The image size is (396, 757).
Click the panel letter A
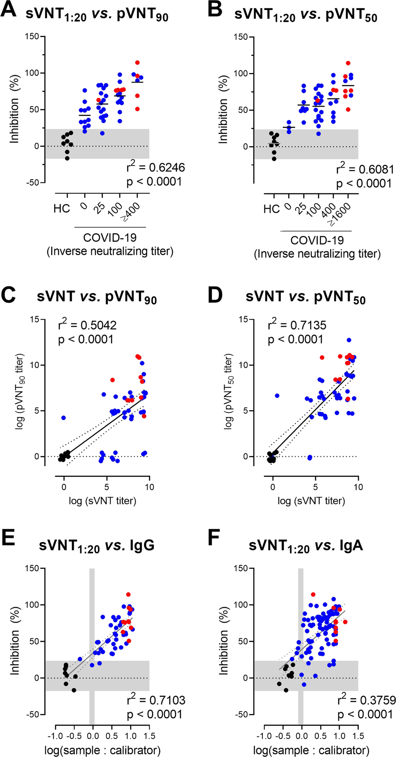(9, 9)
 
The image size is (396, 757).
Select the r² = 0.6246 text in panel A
(155, 168)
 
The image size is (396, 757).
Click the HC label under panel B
(272, 209)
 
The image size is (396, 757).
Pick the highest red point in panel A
(137, 63)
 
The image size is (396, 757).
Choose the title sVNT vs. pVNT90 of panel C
(96, 297)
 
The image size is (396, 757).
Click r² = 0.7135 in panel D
(297, 325)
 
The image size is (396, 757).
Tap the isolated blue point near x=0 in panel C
(63, 418)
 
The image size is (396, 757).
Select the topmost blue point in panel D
(349, 340)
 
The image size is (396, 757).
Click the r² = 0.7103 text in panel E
(156, 700)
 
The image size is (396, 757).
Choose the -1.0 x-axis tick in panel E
(55, 736)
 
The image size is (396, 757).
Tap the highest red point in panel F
(313, 594)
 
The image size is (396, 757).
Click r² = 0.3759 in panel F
(366, 700)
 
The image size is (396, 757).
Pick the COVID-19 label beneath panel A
(110, 238)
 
